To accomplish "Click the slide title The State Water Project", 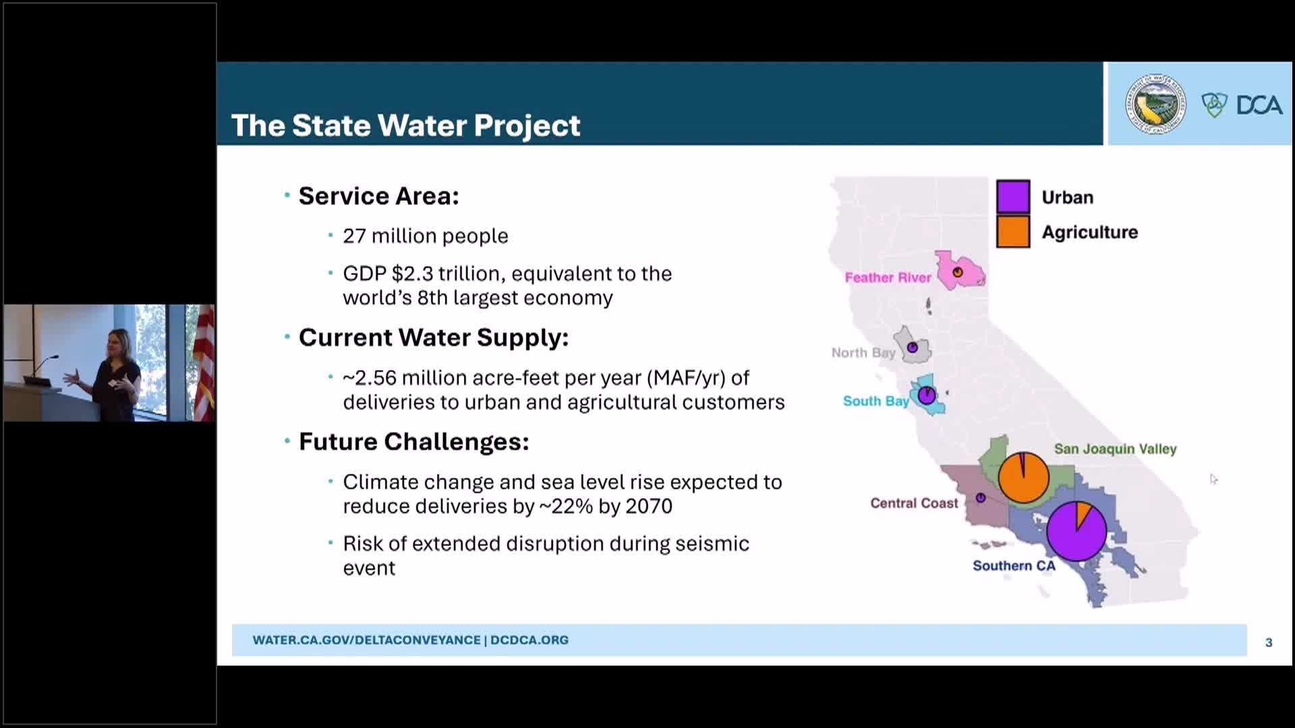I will tap(405, 126).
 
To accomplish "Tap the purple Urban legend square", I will tap(1012, 197).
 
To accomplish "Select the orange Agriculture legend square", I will tap(1012, 232).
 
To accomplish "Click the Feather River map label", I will tap(887, 278).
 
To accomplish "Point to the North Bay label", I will tap(863, 353).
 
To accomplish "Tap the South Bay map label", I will tap(875, 401).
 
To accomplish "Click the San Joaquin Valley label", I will tap(1114, 449).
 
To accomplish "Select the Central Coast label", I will tap(913, 504).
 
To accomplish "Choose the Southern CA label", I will tap(1013, 566).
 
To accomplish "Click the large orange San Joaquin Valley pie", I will tap(1023, 478).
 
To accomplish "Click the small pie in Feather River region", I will tap(957, 272).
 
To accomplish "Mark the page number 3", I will tap(1268, 642).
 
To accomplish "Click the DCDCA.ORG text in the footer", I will tap(529, 640).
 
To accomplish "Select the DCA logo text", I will tap(1259, 105).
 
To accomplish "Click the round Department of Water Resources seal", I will tap(1155, 104).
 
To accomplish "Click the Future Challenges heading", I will tap(413, 442).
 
